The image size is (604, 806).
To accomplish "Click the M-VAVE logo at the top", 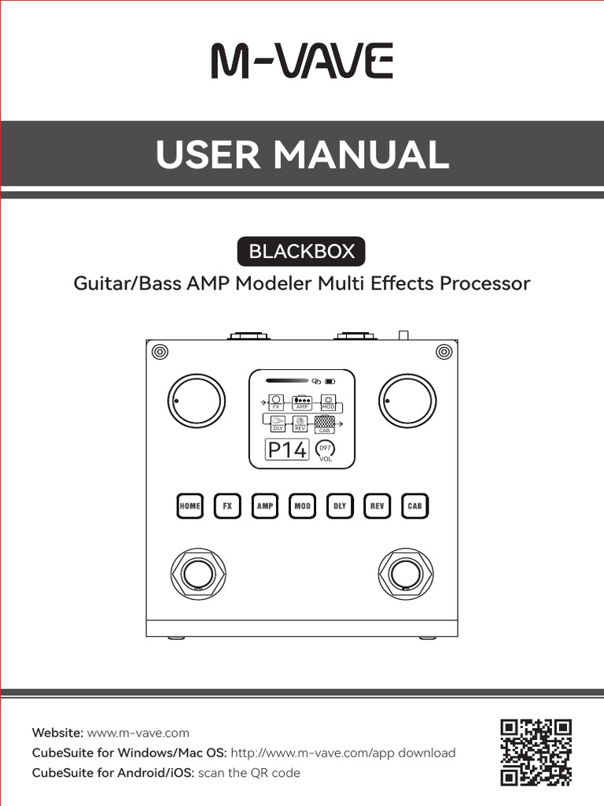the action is [301, 62].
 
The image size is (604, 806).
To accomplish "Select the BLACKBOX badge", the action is [301, 252].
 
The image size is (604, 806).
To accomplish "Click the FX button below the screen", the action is [227, 506].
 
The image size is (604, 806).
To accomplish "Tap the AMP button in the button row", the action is [265, 506].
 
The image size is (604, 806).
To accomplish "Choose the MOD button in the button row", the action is [303, 506].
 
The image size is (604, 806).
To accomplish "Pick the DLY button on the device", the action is [340, 506].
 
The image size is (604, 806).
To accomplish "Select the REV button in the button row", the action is [377, 506].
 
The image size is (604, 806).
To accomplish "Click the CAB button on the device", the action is [415, 506].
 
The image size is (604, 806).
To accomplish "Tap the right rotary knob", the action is [407, 401].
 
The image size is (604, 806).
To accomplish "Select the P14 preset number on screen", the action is [287, 450].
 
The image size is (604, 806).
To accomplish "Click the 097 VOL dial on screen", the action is [325, 450].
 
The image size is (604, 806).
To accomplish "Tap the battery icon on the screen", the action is [330, 383].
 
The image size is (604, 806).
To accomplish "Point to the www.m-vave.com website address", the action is [138, 733].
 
